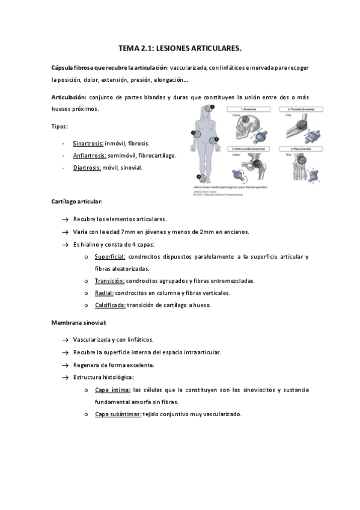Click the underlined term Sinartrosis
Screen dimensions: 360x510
[x=88, y=144]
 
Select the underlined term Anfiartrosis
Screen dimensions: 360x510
[x=90, y=156]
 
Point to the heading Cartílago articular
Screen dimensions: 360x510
[x=77, y=202]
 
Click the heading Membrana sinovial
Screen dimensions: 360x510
[x=79, y=322]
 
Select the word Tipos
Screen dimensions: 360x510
[x=59, y=126]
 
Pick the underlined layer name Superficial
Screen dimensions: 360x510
[x=110, y=257]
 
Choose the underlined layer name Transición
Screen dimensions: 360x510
[x=109, y=281]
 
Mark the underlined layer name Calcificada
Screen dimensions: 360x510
[x=110, y=305]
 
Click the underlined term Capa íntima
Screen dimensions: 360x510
[x=112, y=390]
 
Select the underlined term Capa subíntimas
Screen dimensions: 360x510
[x=118, y=414]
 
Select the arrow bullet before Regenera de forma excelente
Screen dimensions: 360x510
[x=64, y=365]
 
